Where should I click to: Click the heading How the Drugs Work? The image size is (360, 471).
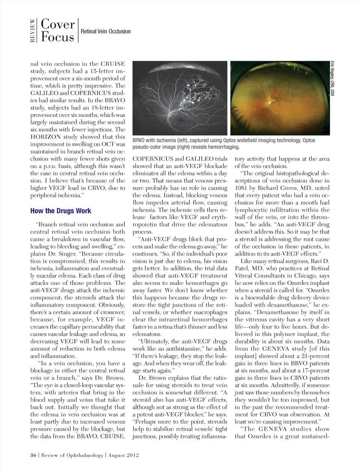[61, 211]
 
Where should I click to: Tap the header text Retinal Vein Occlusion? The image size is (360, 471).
[106, 31]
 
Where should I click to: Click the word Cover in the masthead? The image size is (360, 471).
[58, 24]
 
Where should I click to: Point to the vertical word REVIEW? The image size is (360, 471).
[33, 30]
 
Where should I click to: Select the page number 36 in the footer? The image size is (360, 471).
[33, 455]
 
